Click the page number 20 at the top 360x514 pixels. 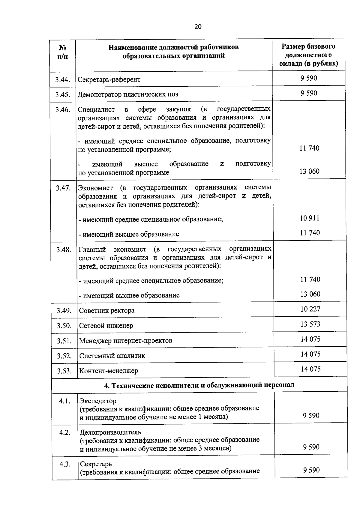point(198,27)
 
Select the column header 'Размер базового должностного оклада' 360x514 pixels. point(308,55)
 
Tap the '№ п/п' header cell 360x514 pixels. point(62,52)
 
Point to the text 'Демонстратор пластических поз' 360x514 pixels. point(128,94)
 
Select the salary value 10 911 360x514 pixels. point(310,218)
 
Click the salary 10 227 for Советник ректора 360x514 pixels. point(310,309)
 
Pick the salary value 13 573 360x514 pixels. point(310,324)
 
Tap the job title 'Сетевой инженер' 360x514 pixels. point(106,326)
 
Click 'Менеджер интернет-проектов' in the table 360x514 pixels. point(126,341)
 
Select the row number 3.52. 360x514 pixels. point(64,356)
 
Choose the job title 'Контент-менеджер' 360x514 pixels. point(109,371)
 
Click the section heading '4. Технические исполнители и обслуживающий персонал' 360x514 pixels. point(199,385)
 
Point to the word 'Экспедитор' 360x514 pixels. point(97,401)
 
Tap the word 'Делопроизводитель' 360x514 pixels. point(110,432)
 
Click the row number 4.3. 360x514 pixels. point(65,464)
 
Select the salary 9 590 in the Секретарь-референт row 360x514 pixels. point(309,78)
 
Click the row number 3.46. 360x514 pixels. point(63,109)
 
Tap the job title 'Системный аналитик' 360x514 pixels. point(112,356)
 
